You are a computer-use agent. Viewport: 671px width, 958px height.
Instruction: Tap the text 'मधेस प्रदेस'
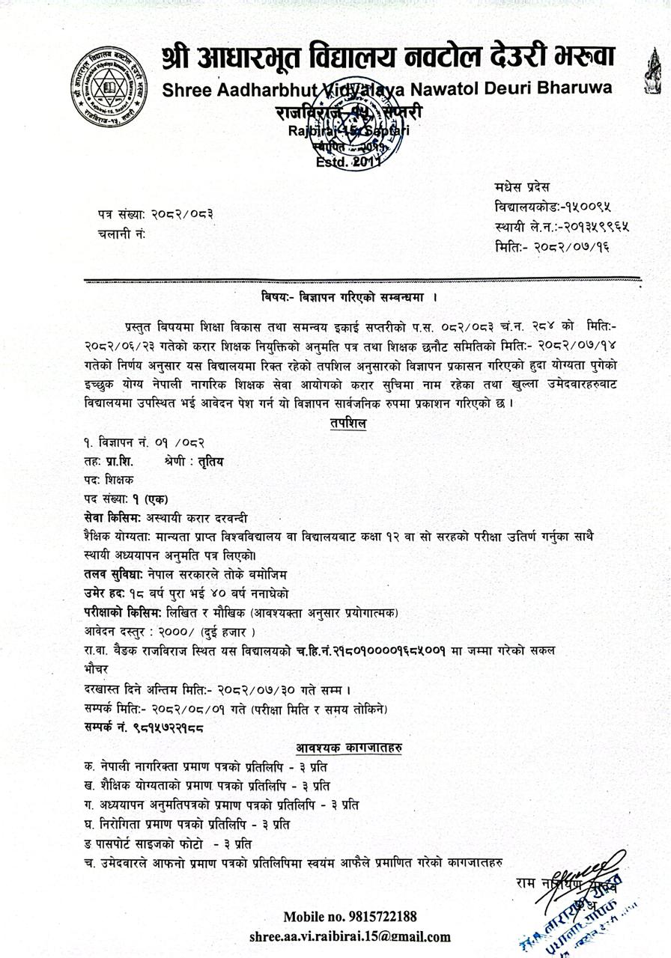(522, 187)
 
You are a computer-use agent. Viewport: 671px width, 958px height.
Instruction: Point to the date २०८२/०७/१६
(573, 246)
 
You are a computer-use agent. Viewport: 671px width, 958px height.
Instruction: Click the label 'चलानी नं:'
(121, 234)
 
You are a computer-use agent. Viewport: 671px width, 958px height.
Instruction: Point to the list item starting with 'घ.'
(187, 824)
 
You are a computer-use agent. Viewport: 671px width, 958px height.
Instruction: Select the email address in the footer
(350, 936)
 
